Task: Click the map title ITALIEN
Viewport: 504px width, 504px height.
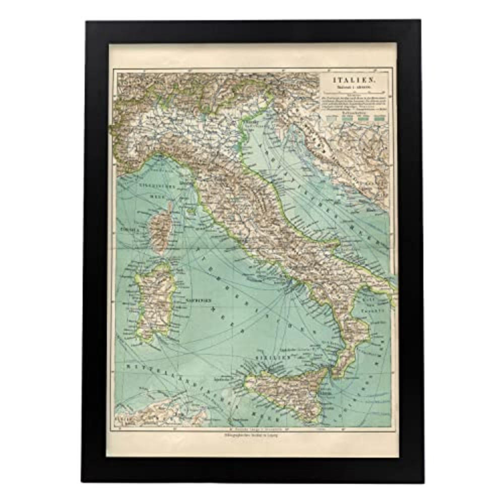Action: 352,79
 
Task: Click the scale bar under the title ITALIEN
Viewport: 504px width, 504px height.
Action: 353,92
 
